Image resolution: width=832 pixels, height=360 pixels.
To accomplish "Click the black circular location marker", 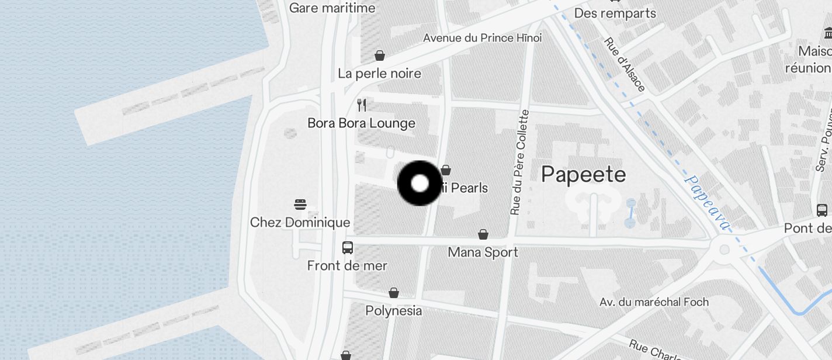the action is tap(420, 184).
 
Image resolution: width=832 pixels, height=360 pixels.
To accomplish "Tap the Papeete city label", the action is tap(583, 174).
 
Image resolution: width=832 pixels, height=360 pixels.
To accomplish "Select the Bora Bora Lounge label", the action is tap(361, 123).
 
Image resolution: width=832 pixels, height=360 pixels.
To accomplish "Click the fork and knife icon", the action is tap(362, 105).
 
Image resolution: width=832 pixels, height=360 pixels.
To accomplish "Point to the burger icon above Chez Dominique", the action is tap(300, 205).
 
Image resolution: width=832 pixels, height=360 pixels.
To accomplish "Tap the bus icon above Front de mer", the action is tap(348, 247).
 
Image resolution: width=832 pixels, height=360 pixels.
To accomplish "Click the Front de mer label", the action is tap(347, 266).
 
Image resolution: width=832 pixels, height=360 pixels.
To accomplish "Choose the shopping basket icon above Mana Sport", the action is tap(483, 234).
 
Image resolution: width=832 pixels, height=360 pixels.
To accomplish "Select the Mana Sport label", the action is tap(483, 252).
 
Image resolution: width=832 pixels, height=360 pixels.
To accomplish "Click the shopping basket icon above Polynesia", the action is tap(394, 292).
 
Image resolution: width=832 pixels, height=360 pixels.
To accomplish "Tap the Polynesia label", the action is tap(393, 310).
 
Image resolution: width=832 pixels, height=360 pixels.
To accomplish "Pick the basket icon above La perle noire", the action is tap(380, 56).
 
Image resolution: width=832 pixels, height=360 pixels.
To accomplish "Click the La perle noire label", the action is tap(379, 74).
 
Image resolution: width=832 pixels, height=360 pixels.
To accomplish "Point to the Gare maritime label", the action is tap(332, 8).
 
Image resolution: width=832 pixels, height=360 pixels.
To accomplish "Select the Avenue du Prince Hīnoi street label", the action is tap(482, 38).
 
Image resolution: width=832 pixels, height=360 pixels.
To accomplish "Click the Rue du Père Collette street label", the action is tap(519, 162).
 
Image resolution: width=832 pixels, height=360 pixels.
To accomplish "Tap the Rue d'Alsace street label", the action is tap(625, 65).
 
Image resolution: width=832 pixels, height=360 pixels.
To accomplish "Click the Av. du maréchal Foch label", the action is tap(654, 302).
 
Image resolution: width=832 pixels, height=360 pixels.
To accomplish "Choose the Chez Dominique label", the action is tap(300, 223).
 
